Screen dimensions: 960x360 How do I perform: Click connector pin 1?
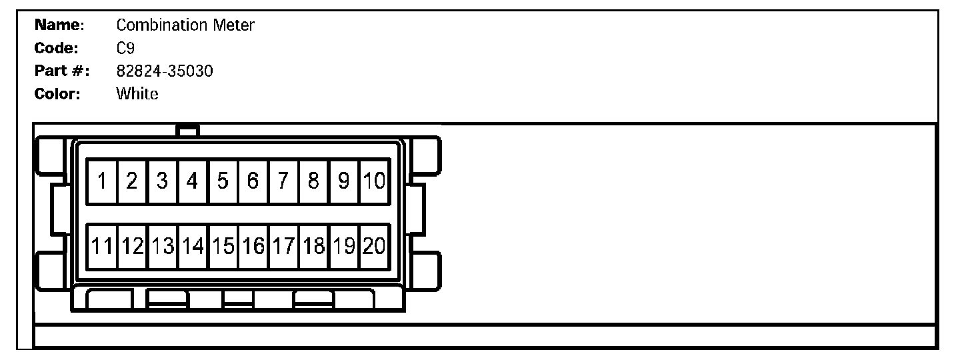tap(103, 181)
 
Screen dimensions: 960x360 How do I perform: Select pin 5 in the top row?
tap(223, 181)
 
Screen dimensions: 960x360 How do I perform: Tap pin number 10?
tap(375, 181)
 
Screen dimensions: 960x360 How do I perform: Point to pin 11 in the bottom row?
tap(103, 247)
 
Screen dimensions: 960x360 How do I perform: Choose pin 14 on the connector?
tap(193, 247)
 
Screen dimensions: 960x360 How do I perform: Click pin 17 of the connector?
tap(284, 247)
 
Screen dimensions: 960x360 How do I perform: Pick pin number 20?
tap(375, 247)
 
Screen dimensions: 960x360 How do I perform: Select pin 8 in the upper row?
tap(314, 181)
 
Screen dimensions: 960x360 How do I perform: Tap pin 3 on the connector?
tap(163, 181)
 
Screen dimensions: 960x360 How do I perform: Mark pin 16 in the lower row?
tap(253, 247)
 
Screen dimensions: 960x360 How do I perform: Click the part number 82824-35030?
tap(165, 71)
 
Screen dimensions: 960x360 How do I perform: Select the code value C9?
tap(126, 48)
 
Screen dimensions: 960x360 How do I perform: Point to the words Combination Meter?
tap(185, 25)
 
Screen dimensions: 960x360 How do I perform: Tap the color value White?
tap(137, 93)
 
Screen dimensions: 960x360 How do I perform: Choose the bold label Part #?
tap(62, 71)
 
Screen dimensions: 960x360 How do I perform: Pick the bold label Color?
tap(57, 93)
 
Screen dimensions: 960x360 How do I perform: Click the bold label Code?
tap(57, 48)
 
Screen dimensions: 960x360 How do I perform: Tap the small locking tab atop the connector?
tap(188, 131)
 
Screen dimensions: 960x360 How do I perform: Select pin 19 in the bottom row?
tap(344, 247)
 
